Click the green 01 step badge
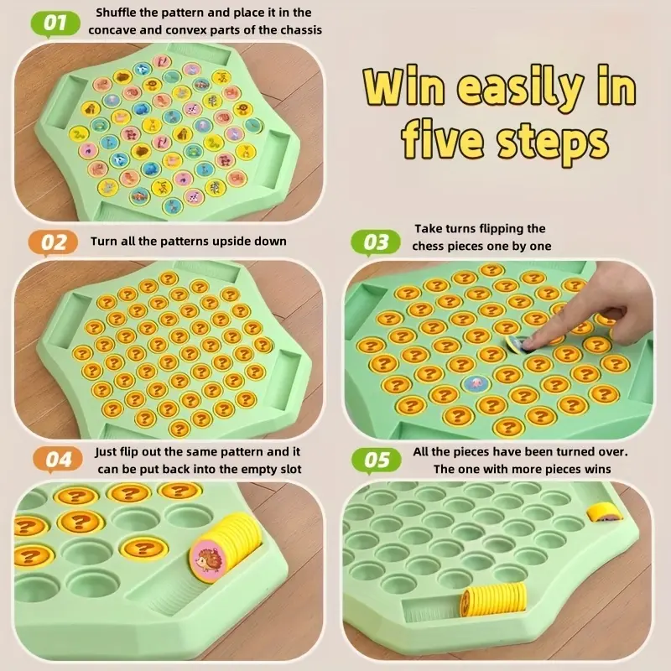(55, 23)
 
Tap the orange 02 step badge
(53, 242)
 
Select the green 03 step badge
(375, 242)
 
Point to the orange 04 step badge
(57, 460)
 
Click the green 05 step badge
(376, 460)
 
